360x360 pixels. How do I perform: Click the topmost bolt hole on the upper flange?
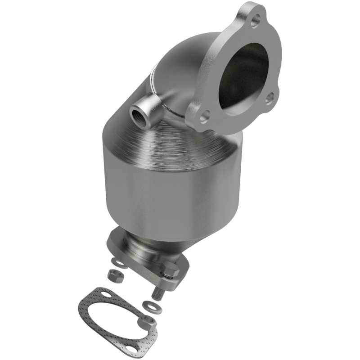[256, 19]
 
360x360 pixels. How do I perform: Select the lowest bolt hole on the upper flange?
[204, 116]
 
